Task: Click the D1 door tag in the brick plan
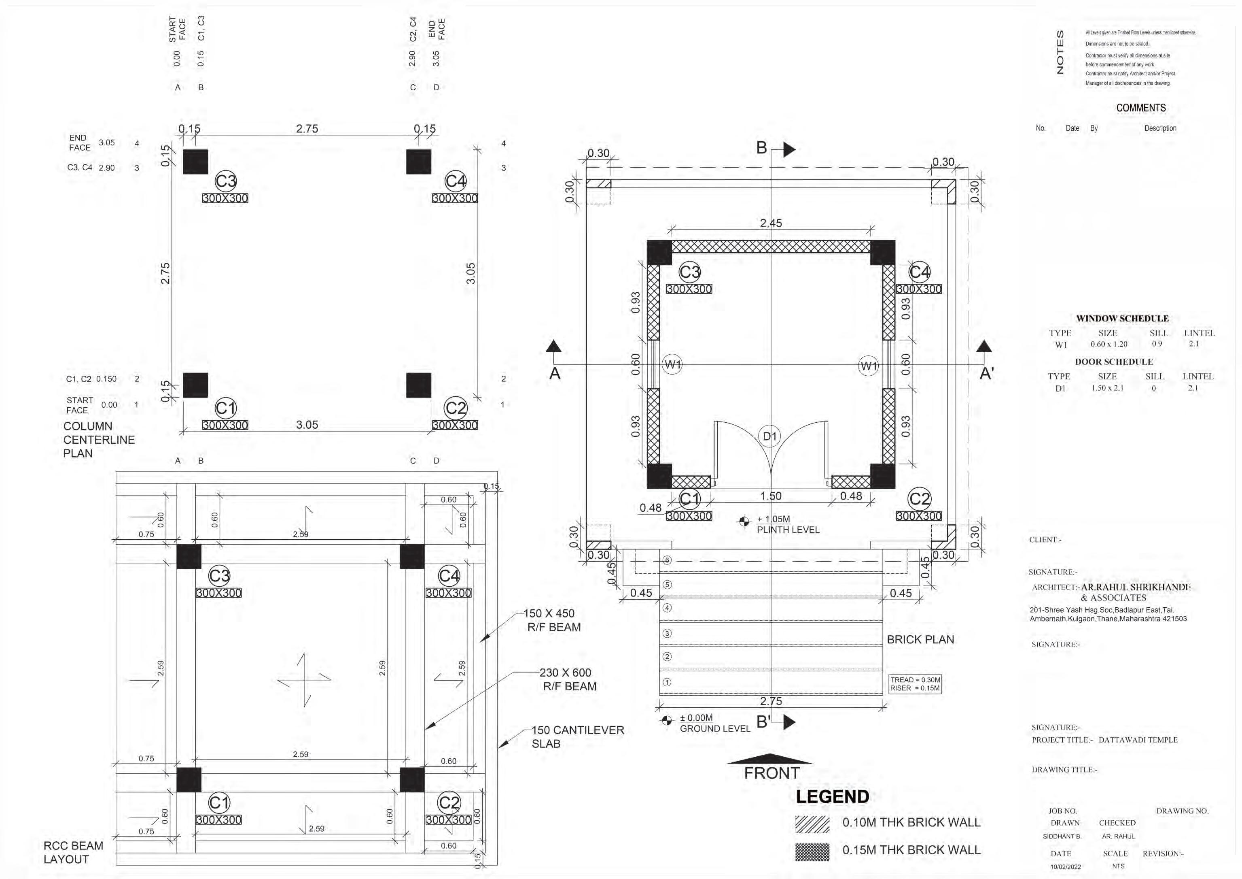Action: click(770, 436)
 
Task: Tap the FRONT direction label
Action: click(771, 773)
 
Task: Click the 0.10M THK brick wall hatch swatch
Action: click(812, 824)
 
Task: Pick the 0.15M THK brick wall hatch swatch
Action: click(812, 852)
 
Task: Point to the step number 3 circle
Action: click(667, 633)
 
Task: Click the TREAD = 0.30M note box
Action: click(915, 684)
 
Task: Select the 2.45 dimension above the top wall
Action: click(771, 223)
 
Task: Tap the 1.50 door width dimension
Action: click(771, 496)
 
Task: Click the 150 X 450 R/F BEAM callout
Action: click(551, 620)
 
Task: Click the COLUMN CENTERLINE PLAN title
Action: click(98, 440)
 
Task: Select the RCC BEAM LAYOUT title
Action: click(73, 852)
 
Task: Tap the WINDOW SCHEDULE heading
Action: click(1122, 318)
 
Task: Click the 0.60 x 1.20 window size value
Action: click(1109, 344)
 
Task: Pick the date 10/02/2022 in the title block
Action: click(1066, 866)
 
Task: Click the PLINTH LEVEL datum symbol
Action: click(745, 521)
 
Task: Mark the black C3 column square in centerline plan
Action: click(195, 162)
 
